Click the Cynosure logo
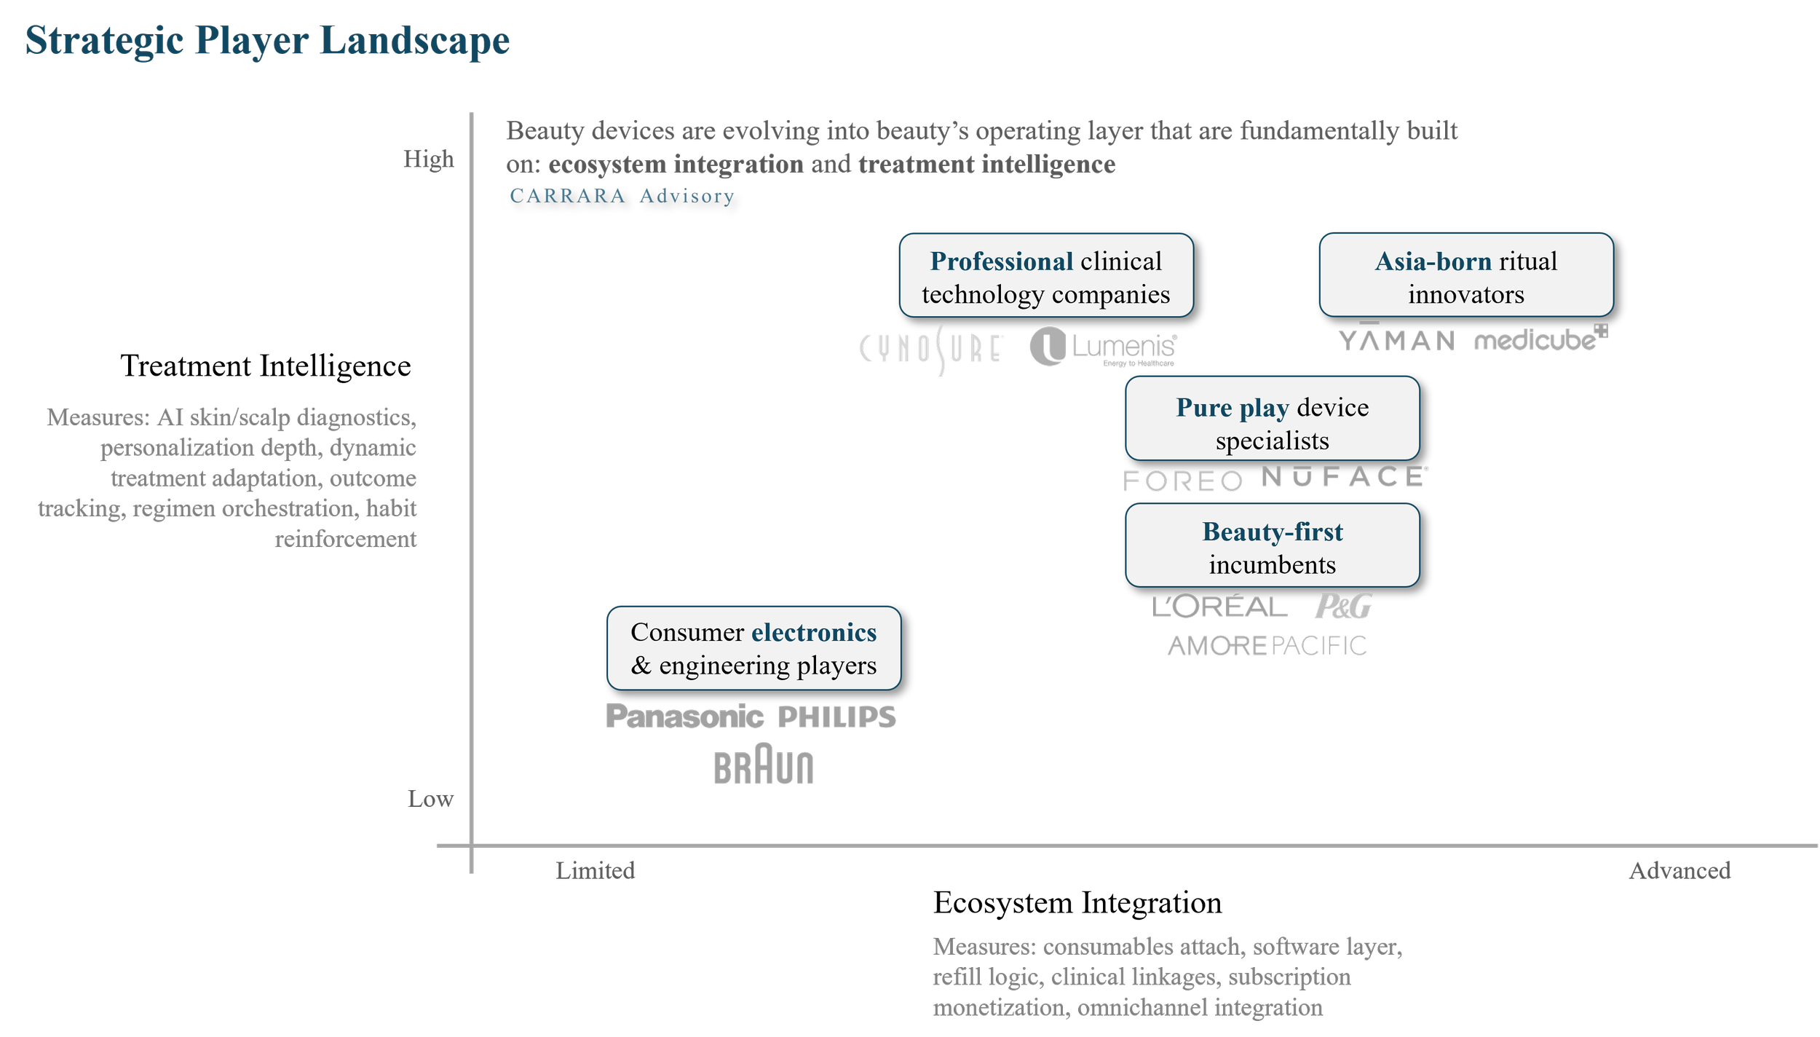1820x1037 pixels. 932,348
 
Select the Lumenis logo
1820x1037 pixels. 1103,347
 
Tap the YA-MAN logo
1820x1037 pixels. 1396,339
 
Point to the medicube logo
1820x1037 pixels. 1540,339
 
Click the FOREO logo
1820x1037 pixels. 1183,481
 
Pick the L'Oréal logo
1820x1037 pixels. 1219,607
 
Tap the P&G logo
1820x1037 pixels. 1343,606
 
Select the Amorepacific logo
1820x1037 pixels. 1267,645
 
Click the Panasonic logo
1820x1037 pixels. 685,717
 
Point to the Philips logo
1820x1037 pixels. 836,717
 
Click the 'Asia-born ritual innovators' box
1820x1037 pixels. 1466,276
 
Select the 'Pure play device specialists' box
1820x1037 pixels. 1272,419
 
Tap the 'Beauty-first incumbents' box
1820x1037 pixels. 1272,545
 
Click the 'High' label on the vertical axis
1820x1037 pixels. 429,159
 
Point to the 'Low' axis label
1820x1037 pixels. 430,799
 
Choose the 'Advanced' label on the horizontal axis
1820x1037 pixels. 1679,870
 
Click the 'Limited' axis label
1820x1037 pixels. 596,870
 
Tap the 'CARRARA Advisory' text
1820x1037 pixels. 622,196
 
